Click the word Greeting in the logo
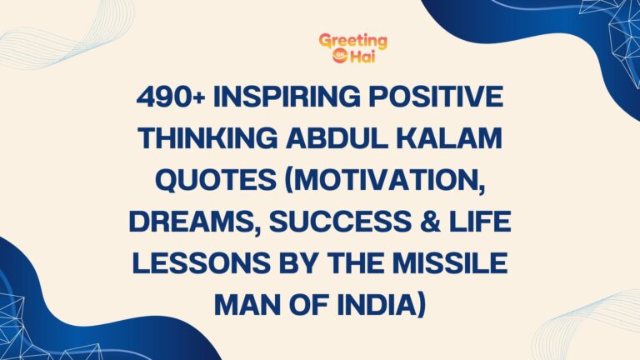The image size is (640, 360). (353, 41)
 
